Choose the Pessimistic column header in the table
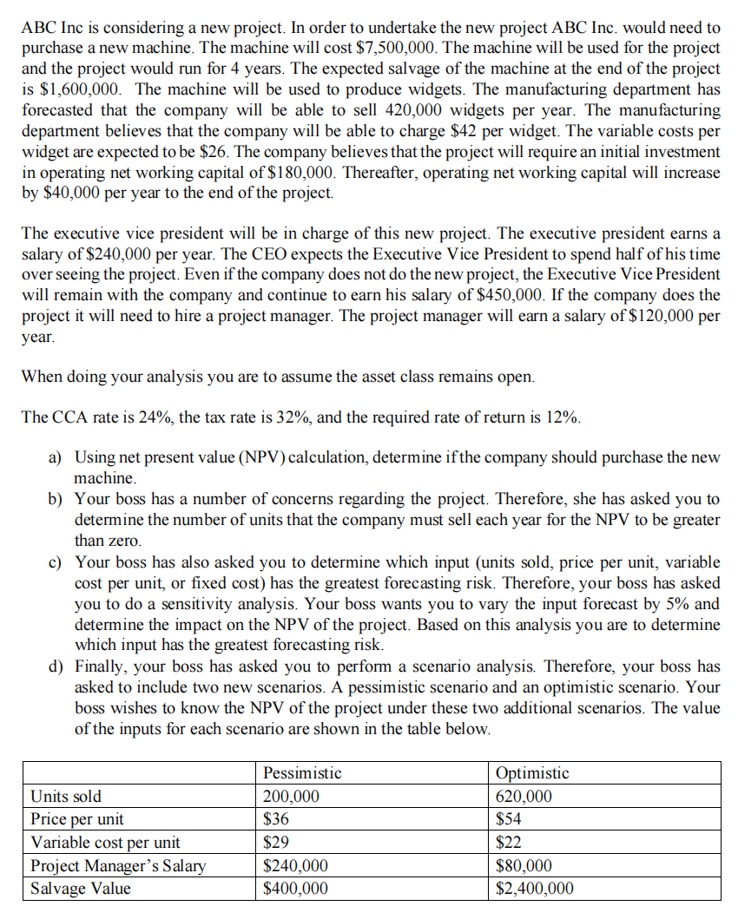click(x=302, y=772)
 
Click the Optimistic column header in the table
click(x=532, y=772)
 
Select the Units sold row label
click(x=66, y=796)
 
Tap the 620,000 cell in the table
click(x=524, y=796)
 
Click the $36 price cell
click(x=276, y=818)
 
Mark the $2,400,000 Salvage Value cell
click(x=534, y=888)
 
